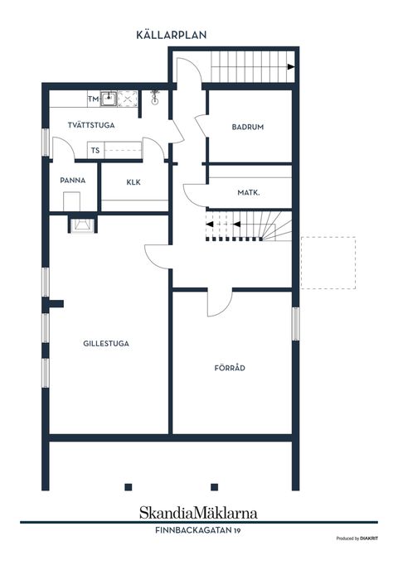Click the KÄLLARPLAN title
tap(172, 35)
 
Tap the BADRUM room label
tap(248, 127)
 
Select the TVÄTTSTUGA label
tap(91, 125)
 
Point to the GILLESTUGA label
tap(106, 343)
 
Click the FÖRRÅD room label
tap(230, 368)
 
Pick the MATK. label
tap(249, 192)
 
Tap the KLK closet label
tap(133, 182)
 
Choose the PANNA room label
tap(73, 181)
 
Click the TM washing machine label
tap(93, 99)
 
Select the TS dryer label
tap(95, 150)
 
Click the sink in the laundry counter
tap(109, 99)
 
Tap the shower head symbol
tap(154, 98)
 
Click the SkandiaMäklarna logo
tap(199, 513)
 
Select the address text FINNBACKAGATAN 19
tap(198, 530)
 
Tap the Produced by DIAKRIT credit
tap(357, 539)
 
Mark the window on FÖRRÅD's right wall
tap(296, 324)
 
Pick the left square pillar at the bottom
tap(128, 487)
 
